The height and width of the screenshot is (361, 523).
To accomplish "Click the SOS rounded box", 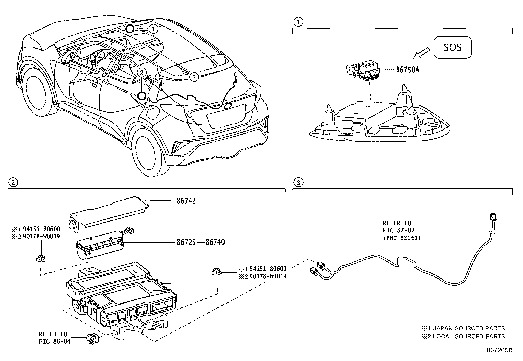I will click(453, 48).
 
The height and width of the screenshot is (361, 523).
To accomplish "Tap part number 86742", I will click(186, 201).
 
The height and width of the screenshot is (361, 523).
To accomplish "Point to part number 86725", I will click(186, 243).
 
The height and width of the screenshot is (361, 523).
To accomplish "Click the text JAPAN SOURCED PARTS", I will click(469, 328).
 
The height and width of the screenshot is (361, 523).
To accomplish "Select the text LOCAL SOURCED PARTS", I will click(469, 336).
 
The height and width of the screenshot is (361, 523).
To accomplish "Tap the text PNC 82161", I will click(401, 237).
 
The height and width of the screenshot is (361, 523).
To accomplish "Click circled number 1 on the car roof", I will click(153, 29).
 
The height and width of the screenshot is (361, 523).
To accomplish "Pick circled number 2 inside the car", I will click(141, 72).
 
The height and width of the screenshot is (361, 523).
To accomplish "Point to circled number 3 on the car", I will click(194, 77).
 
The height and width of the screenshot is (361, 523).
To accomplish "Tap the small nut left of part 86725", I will click(41, 259).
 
